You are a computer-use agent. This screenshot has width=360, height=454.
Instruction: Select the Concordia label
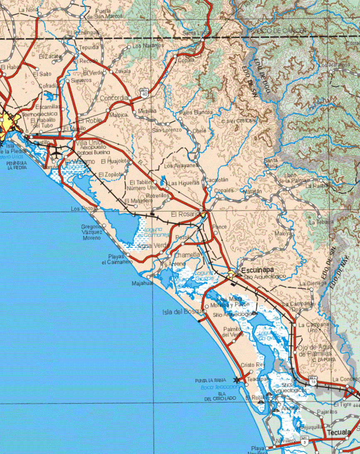(114, 98)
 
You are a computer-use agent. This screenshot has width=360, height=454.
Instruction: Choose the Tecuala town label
(338, 432)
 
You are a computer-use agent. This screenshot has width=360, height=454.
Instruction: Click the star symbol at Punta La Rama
(237, 380)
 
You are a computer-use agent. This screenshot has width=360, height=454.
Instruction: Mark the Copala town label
(186, 60)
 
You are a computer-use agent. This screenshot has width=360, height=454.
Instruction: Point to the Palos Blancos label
(195, 112)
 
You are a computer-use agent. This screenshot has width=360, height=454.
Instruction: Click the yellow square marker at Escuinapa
(231, 273)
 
